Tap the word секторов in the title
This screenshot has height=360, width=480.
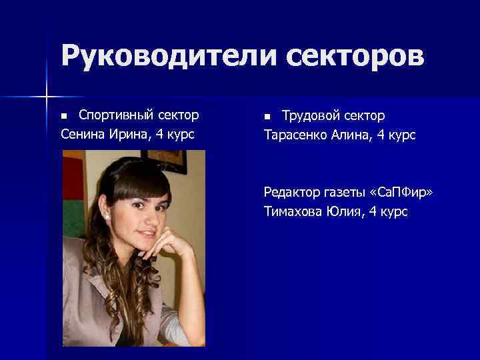(x=356, y=56)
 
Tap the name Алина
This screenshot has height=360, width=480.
(x=355, y=135)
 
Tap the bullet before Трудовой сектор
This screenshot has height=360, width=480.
(x=267, y=117)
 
